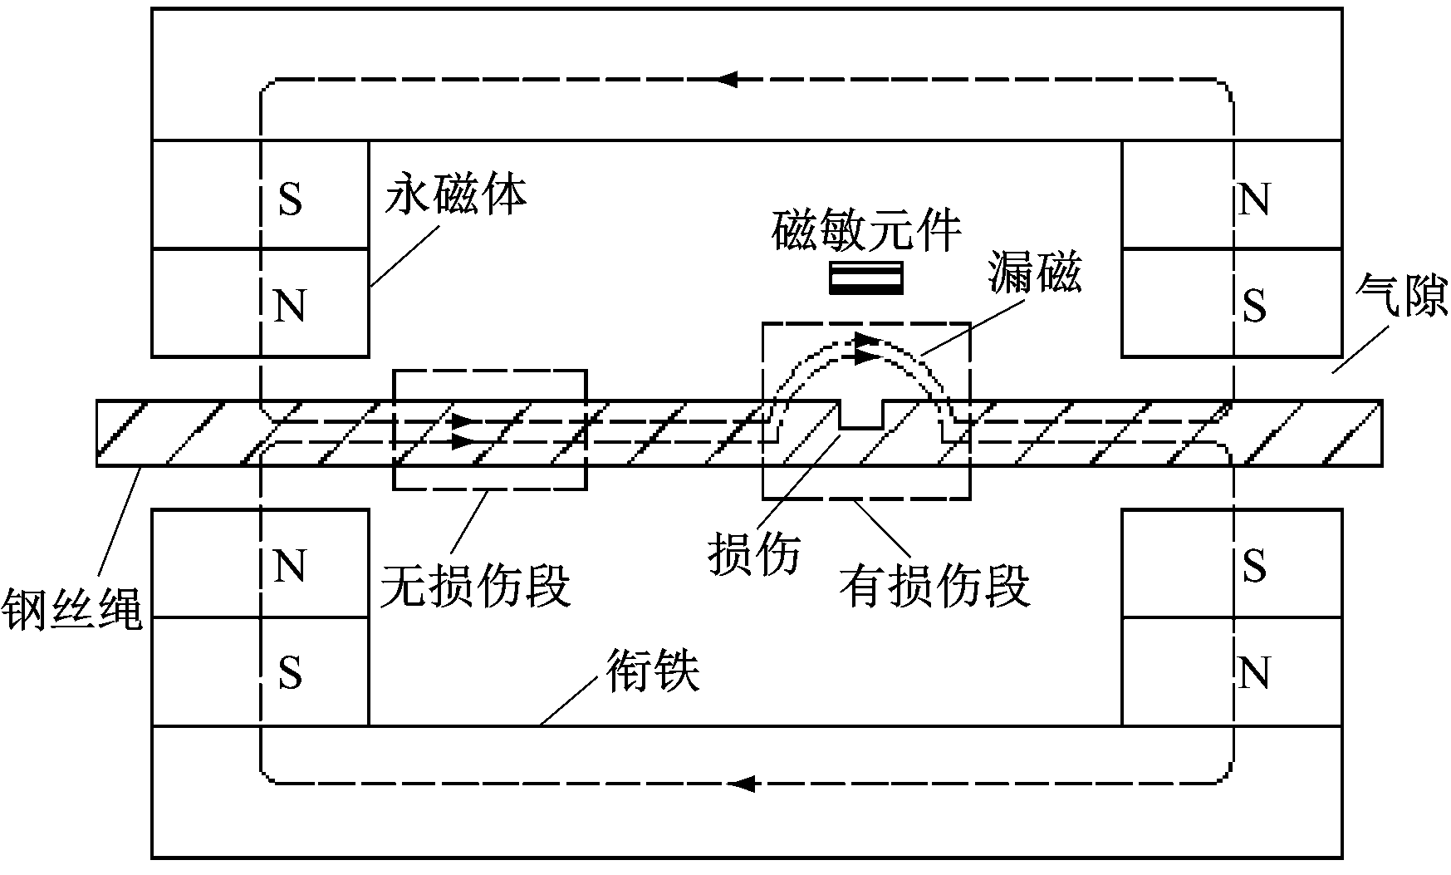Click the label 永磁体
456,197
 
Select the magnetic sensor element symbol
866,278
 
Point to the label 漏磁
1035,273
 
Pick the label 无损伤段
475,585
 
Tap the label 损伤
753,554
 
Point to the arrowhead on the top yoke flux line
728,80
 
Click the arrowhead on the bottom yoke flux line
743,783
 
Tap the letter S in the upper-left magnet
290,199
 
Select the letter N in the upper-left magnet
290,305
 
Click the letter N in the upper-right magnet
1254,199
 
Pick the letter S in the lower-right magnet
1254,568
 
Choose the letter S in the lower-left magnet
290,673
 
